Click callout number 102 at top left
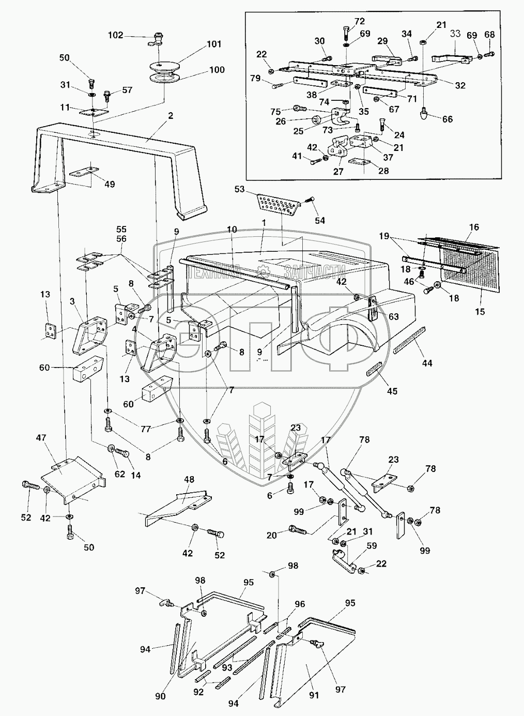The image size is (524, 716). (115, 35)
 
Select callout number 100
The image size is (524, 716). (217, 69)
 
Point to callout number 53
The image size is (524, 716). (239, 189)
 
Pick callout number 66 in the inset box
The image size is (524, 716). (448, 119)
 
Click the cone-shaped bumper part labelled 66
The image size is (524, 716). (424, 113)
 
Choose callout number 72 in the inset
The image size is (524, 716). (360, 21)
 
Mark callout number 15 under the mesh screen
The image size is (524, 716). (481, 298)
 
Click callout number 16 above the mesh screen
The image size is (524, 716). (474, 227)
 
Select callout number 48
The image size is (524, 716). (190, 479)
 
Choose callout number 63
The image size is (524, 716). (394, 317)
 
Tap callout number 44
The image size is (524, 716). (426, 363)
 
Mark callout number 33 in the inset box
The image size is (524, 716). (455, 34)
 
